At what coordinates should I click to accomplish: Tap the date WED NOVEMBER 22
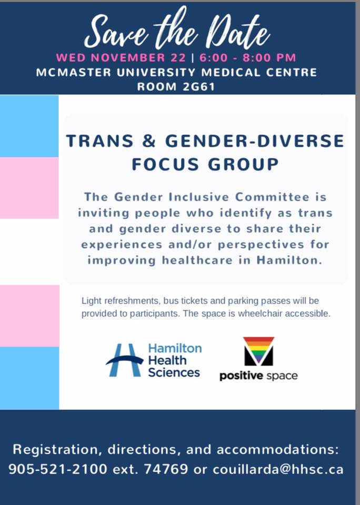pos(121,58)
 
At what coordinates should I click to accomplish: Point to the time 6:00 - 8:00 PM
pos(247,58)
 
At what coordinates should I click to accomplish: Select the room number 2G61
pos(198,87)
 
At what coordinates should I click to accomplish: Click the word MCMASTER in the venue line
pos(74,72)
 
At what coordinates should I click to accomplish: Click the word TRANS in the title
pos(100,141)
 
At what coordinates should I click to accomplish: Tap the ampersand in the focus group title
pos(149,141)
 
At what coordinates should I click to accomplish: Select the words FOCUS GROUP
pos(205,164)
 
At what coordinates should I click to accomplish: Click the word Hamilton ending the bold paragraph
pos(289,260)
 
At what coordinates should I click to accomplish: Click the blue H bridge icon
pos(124,360)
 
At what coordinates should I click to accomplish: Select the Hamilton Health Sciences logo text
pos(175,360)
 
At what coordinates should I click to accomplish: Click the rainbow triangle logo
pos(258,351)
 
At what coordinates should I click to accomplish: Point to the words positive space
pos(258,376)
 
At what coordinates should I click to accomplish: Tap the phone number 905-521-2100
pos(58,469)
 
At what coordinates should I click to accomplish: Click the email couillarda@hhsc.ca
pos(278,469)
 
